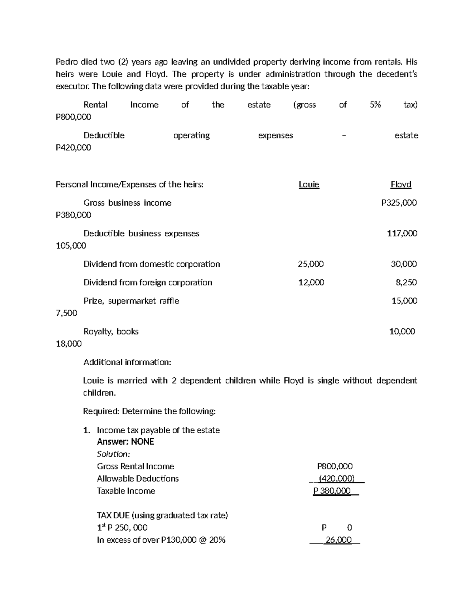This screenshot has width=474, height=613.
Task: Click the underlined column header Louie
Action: point(309,184)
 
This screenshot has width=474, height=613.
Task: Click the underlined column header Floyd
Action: point(401,184)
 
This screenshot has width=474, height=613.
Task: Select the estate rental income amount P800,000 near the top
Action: point(73,117)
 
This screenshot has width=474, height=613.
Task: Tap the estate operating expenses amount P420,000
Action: point(73,148)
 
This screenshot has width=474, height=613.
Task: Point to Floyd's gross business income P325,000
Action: point(399,203)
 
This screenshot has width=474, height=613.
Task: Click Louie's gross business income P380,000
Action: point(73,215)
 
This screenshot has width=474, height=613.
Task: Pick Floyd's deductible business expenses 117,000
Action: point(402,233)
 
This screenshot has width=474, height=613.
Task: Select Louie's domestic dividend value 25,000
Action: point(310,264)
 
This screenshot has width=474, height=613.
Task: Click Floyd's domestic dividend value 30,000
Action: point(403,264)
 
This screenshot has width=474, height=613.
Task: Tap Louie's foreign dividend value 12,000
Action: point(311,283)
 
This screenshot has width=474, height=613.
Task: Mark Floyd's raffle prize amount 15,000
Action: point(404,301)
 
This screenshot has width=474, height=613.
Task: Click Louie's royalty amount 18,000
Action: point(69,344)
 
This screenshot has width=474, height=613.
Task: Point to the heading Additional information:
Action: point(127,362)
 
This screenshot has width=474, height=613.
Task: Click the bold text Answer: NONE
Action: point(125,442)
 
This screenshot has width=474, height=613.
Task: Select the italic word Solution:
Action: point(113,454)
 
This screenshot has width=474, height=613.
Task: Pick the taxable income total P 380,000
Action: point(332,491)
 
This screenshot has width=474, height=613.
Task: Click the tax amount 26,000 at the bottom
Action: point(338,540)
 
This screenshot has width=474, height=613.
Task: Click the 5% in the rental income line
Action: point(375,105)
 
